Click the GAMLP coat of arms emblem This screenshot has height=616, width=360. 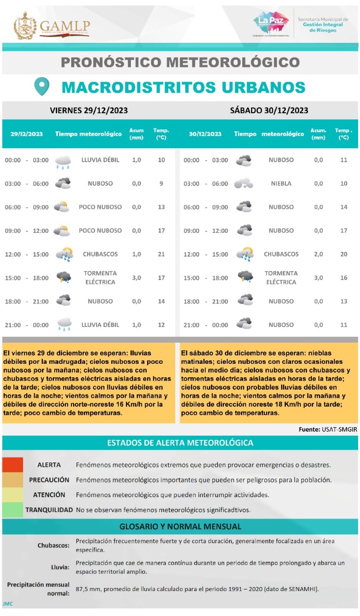tap(25, 26)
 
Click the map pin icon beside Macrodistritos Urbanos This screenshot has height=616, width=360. tap(42, 87)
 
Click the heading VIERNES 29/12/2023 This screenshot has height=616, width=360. tap(89, 110)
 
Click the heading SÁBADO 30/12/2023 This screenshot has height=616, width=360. tap(269, 110)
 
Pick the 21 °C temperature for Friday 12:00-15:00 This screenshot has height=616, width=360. tap(162, 254)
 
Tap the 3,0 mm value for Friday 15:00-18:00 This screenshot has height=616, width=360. tap(137, 278)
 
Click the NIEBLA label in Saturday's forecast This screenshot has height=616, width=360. tap(281, 183)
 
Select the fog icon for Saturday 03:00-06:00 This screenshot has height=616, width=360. tap(244, 183)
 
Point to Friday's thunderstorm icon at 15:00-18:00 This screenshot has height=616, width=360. tap(63, 277)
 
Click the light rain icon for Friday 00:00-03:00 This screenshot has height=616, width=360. tap(63, 162)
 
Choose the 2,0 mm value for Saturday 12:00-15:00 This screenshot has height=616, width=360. tap(319, 254)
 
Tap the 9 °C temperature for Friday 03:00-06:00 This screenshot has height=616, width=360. tap(162, 183)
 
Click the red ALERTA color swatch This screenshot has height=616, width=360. tap(13, 465)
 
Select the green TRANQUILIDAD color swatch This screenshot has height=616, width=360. tap(13, 510)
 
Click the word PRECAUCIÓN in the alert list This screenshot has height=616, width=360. tap(49, 480)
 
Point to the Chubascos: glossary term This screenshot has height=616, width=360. tap(53, 545)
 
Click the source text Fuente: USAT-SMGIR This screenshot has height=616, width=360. tap(328, 429)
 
